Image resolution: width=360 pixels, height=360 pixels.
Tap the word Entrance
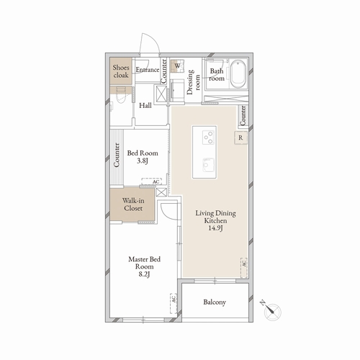point(148,70)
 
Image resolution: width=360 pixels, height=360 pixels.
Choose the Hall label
point(145,105)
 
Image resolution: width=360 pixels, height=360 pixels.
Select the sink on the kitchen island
point(207,163)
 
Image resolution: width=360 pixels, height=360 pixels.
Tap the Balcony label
point(215,302)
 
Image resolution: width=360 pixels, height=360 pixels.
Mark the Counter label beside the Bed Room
point(116,156)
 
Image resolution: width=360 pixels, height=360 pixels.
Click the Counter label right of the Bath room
point(244,113)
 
